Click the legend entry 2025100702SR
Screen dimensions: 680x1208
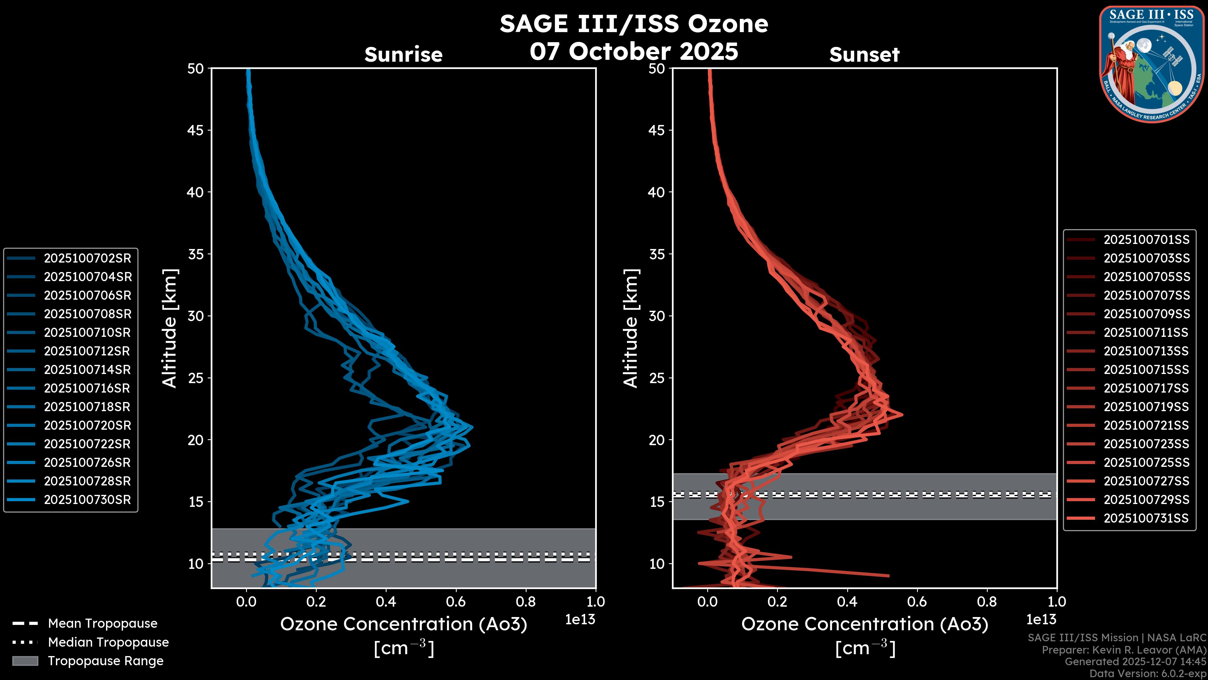pyautogui.click(x=87, y=258)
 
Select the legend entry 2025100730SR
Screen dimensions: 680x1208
pyautogui.click(x=87, y=499)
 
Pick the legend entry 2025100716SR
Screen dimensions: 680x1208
pyautogui.click(x=87, y=388)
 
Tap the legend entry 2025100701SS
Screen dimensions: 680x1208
pyautogui.click(x=1146, y=240)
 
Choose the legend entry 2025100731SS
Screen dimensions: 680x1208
pyautogui.click(x=1146, y=518)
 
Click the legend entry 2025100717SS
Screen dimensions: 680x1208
pyautogui.click(x=1146, y=388)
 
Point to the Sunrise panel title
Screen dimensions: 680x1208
pyautogui.click(x=403, y=54)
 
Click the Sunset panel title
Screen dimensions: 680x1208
pyautogui.click(x=864, y=54)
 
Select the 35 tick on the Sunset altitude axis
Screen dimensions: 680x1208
pyautogui.click(x=657, y=254)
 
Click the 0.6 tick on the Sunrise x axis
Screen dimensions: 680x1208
pyautogui.click(x=456, y=602)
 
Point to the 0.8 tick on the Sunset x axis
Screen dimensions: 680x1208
pyautogui.click(x=987, y=602)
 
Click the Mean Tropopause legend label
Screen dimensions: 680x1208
pyautogui.click(x=103, y=623)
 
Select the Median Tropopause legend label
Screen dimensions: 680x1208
pyautogui.click(x=108, y=642)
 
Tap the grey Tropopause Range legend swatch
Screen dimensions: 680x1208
pyautogui.click(x=25, y=661)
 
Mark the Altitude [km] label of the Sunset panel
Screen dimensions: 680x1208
pyautogui.click(x=631, y=328)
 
